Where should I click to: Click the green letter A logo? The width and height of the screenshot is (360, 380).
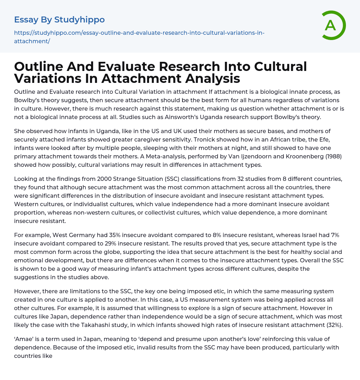333,25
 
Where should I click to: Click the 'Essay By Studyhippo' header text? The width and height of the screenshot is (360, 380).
59,20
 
